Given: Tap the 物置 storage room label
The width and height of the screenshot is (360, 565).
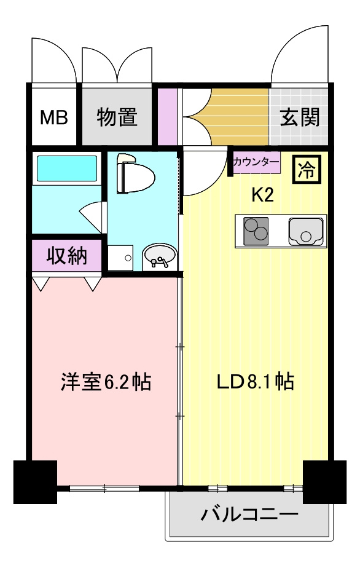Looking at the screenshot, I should (x=117, y=117).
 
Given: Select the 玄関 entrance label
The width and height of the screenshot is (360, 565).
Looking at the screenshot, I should (x=300, y=117).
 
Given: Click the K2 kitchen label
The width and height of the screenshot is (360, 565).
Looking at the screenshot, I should (x=262, y=195).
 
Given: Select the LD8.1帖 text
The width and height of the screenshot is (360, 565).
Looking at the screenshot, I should (x=254, y=382).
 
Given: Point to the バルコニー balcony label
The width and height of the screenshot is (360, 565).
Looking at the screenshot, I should (x=249, y=514).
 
